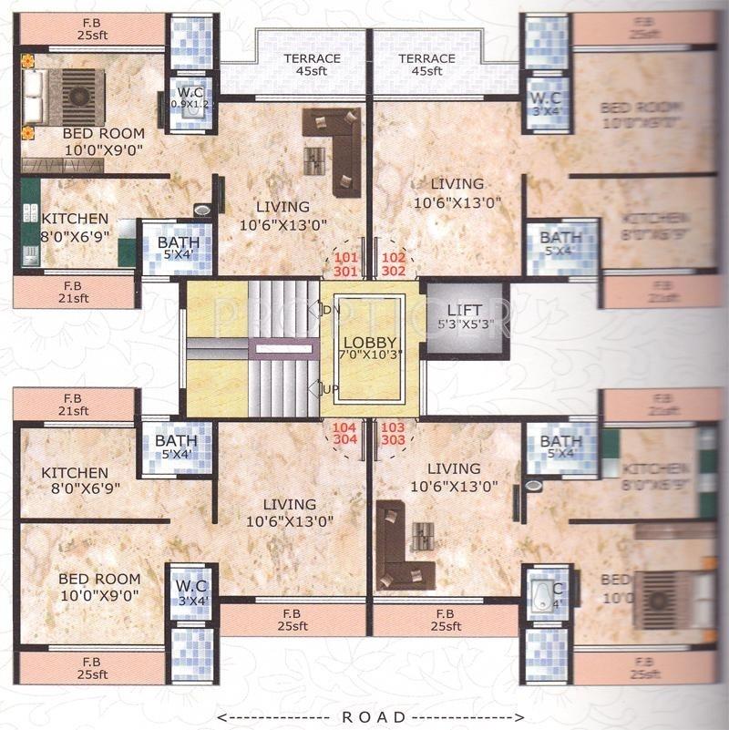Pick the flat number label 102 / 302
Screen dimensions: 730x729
(394, 264)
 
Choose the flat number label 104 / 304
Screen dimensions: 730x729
(344, 434)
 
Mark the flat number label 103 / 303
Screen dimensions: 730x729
(394, 434)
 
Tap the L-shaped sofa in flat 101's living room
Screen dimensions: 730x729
(337, 146)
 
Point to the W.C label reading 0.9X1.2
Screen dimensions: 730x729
(190, 98)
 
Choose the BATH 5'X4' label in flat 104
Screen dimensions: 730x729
(176, 447)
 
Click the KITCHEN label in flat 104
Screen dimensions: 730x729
(75, 480)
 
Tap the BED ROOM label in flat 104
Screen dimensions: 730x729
(99, 586)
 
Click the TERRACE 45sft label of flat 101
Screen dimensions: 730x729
(312, 65)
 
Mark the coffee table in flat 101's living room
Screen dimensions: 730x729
(314, 160)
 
